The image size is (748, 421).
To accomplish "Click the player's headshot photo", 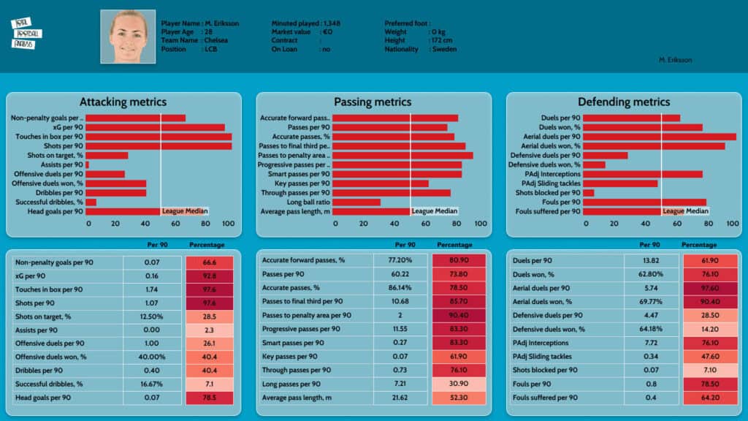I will [x=128, y=37].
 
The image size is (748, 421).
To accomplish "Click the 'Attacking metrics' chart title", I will [x=123, y=102].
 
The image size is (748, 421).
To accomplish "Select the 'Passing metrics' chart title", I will [x=373, y=102].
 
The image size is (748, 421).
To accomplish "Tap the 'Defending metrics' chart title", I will [x=623, y=102].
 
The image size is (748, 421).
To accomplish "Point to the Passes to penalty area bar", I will [x=402, y=155].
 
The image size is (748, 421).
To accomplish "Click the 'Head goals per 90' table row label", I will [x=43, y=398].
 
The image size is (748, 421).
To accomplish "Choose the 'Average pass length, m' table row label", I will [x=297, y=397].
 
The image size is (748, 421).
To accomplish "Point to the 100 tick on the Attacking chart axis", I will [x=228, y=224].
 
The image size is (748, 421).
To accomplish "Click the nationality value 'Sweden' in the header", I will [x=445, y=50].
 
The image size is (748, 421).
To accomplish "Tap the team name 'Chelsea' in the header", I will [x=216, y=41].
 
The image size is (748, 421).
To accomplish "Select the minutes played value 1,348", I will [x=330, y=23].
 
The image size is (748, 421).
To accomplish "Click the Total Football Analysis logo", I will [x=27, y=34].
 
